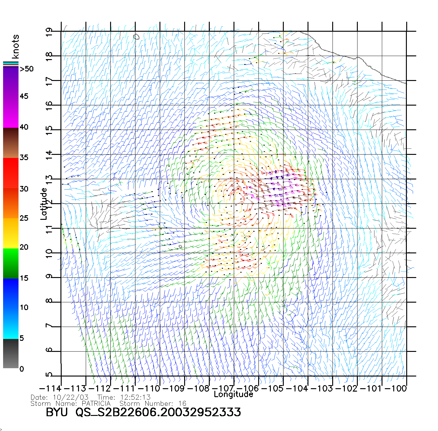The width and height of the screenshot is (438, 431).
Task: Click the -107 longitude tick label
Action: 223,388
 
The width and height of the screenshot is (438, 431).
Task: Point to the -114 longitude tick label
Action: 50,388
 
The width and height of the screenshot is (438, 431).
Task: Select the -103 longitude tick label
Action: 322,388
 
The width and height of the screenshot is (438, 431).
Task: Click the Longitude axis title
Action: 233,394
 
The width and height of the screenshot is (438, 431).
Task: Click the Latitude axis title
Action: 44,204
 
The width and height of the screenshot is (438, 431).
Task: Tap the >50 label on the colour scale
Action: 27,69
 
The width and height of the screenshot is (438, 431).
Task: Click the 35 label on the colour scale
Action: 24,158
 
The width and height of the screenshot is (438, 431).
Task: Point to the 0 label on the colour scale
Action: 22,369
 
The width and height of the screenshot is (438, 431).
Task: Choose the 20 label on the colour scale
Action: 24,247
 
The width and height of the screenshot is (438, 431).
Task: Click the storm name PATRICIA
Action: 96,403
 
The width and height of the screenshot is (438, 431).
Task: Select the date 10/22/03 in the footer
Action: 71,397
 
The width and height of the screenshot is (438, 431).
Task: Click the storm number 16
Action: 182,403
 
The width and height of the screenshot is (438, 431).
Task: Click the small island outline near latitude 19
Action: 136,37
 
